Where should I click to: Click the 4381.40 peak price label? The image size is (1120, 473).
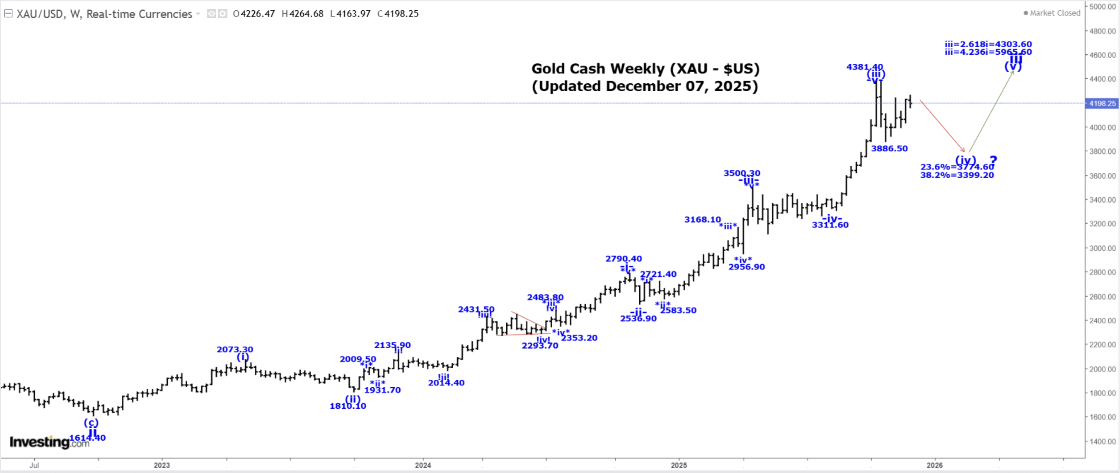click(x=864, y=67)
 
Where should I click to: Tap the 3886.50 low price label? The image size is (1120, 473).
click(x=889, y=149)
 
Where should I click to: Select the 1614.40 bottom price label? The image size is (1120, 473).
click(x=87, y=438)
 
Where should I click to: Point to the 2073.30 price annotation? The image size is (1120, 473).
click(x=235, y=349)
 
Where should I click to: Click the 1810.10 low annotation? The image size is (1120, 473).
click(x=348, y=406)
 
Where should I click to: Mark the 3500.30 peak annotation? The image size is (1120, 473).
click(x=742, y=173)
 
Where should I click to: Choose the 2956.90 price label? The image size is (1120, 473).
click(x=746, y=267)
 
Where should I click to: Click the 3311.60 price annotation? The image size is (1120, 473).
click(x=830, y=225)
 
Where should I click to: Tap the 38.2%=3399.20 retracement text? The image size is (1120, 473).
click(x=957, y=175)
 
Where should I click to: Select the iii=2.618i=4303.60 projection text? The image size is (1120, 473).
click(x=988, y=44)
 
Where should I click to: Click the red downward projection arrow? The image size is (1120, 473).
click(x=942, y=126)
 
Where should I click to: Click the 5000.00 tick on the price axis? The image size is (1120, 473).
click(x=1102, y=7)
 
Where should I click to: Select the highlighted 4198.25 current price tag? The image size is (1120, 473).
click(x=1102, y=104)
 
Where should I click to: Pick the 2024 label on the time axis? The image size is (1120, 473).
click(x=422, y=465)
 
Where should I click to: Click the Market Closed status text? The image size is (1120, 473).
click(x=1054, y=13)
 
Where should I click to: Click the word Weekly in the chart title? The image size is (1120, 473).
click(x=637, y=69)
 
